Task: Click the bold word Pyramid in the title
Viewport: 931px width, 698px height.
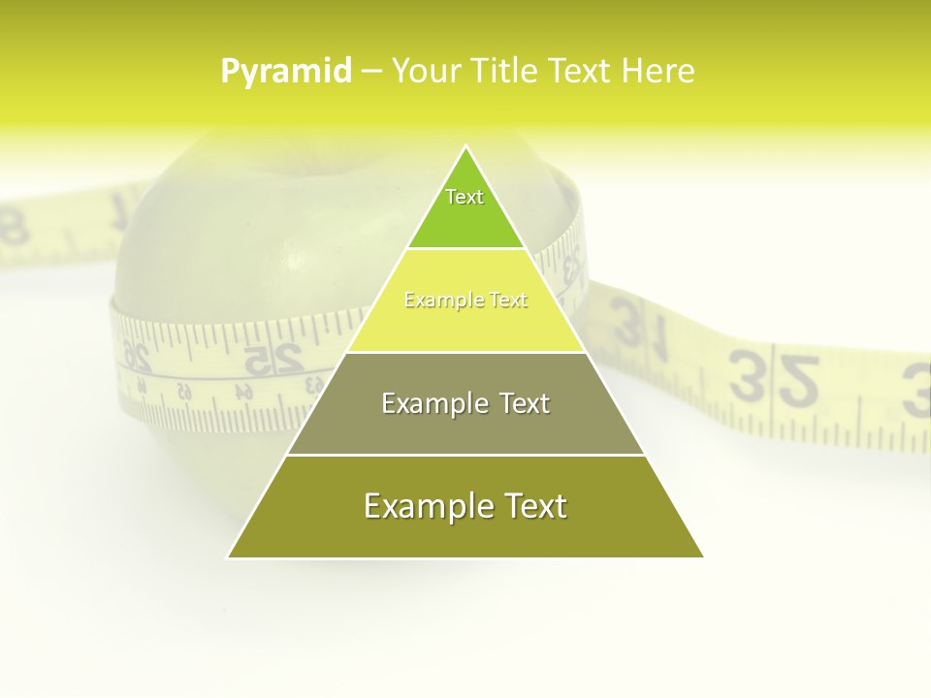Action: (286, 72)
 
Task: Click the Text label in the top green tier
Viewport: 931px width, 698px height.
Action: (465, 197)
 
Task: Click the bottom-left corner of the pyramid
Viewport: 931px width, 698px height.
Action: (228, 557)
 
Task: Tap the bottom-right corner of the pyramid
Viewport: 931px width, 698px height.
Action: (703, 557)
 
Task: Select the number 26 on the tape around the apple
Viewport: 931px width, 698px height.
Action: (137, 357)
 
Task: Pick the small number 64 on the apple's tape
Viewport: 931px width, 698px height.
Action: (243, 393)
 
